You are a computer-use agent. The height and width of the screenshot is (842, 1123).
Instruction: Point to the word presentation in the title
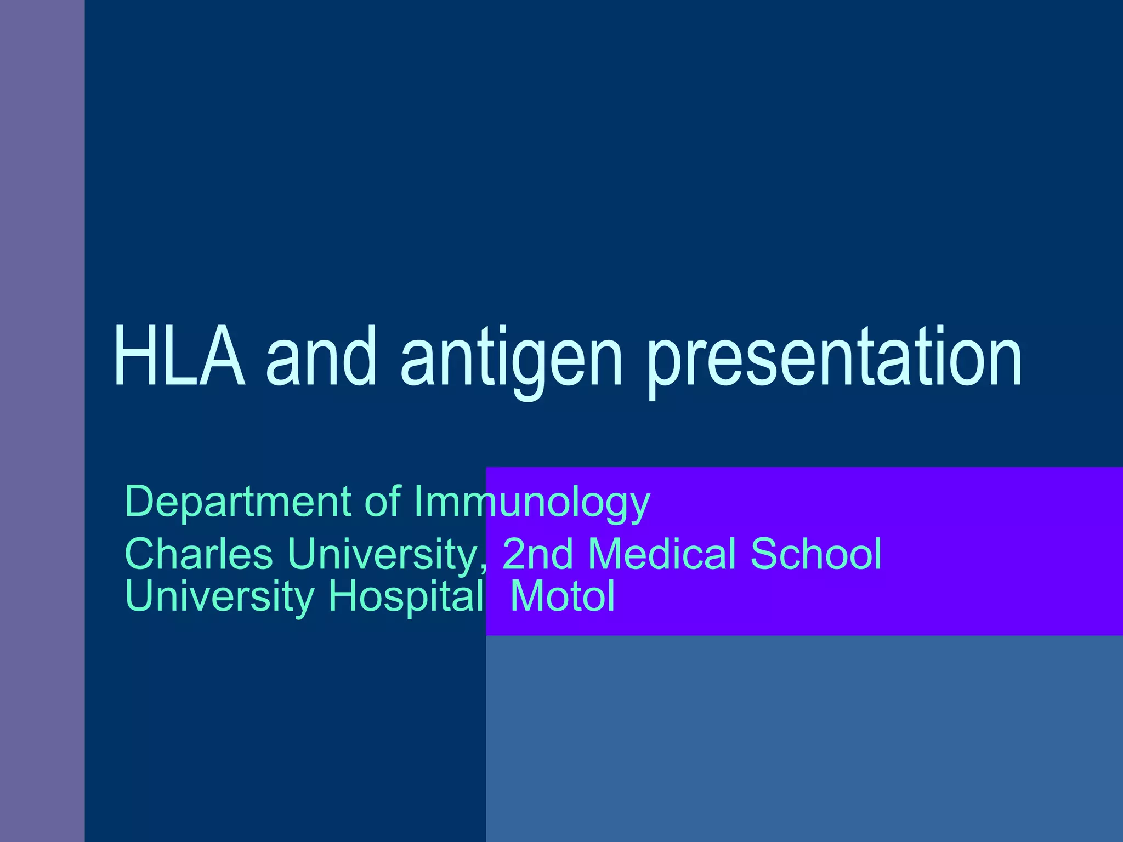833,359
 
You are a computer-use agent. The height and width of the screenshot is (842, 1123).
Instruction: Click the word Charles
198,554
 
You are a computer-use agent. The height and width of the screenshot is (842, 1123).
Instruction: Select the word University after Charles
383,555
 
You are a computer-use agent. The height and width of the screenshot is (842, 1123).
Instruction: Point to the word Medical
661,554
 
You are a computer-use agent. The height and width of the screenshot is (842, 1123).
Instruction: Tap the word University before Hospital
219,597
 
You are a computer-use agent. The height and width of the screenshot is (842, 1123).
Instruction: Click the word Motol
562,596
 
